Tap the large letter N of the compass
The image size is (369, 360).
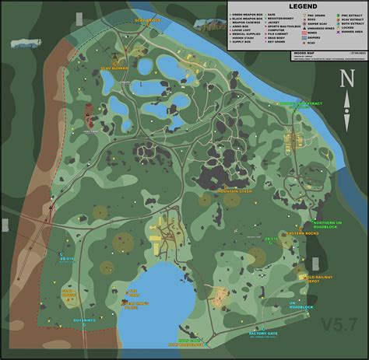349,79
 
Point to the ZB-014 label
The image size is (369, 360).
67,260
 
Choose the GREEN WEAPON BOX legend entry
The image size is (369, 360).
248,15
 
